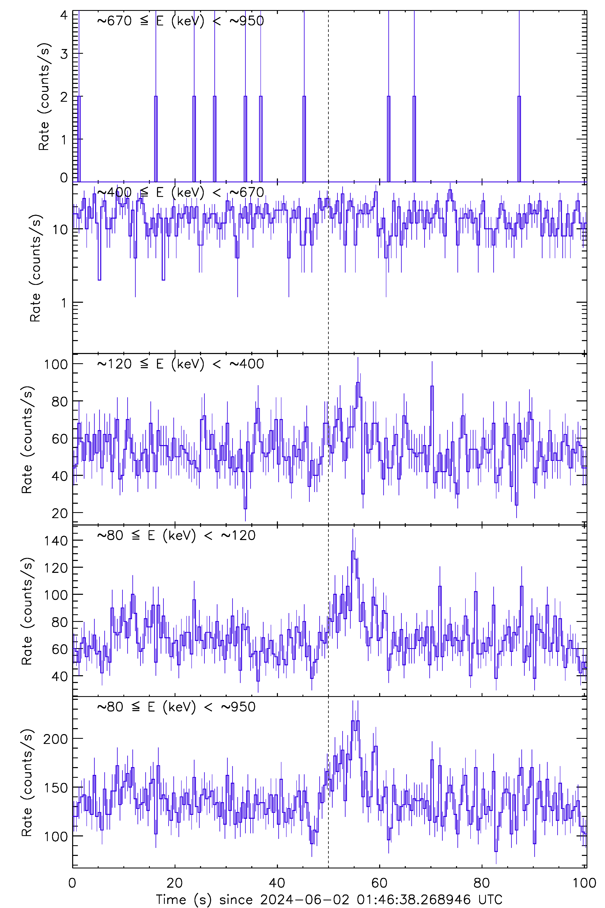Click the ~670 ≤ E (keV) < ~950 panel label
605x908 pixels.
point(180,21)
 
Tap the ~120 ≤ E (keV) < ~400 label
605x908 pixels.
point(180,364)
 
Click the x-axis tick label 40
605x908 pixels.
point(277,883)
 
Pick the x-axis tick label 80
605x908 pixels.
point(482,883)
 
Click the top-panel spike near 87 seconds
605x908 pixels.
point(519,97)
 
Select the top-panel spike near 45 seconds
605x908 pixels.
point(304,97)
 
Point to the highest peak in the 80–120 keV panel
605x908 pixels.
point(353,551)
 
